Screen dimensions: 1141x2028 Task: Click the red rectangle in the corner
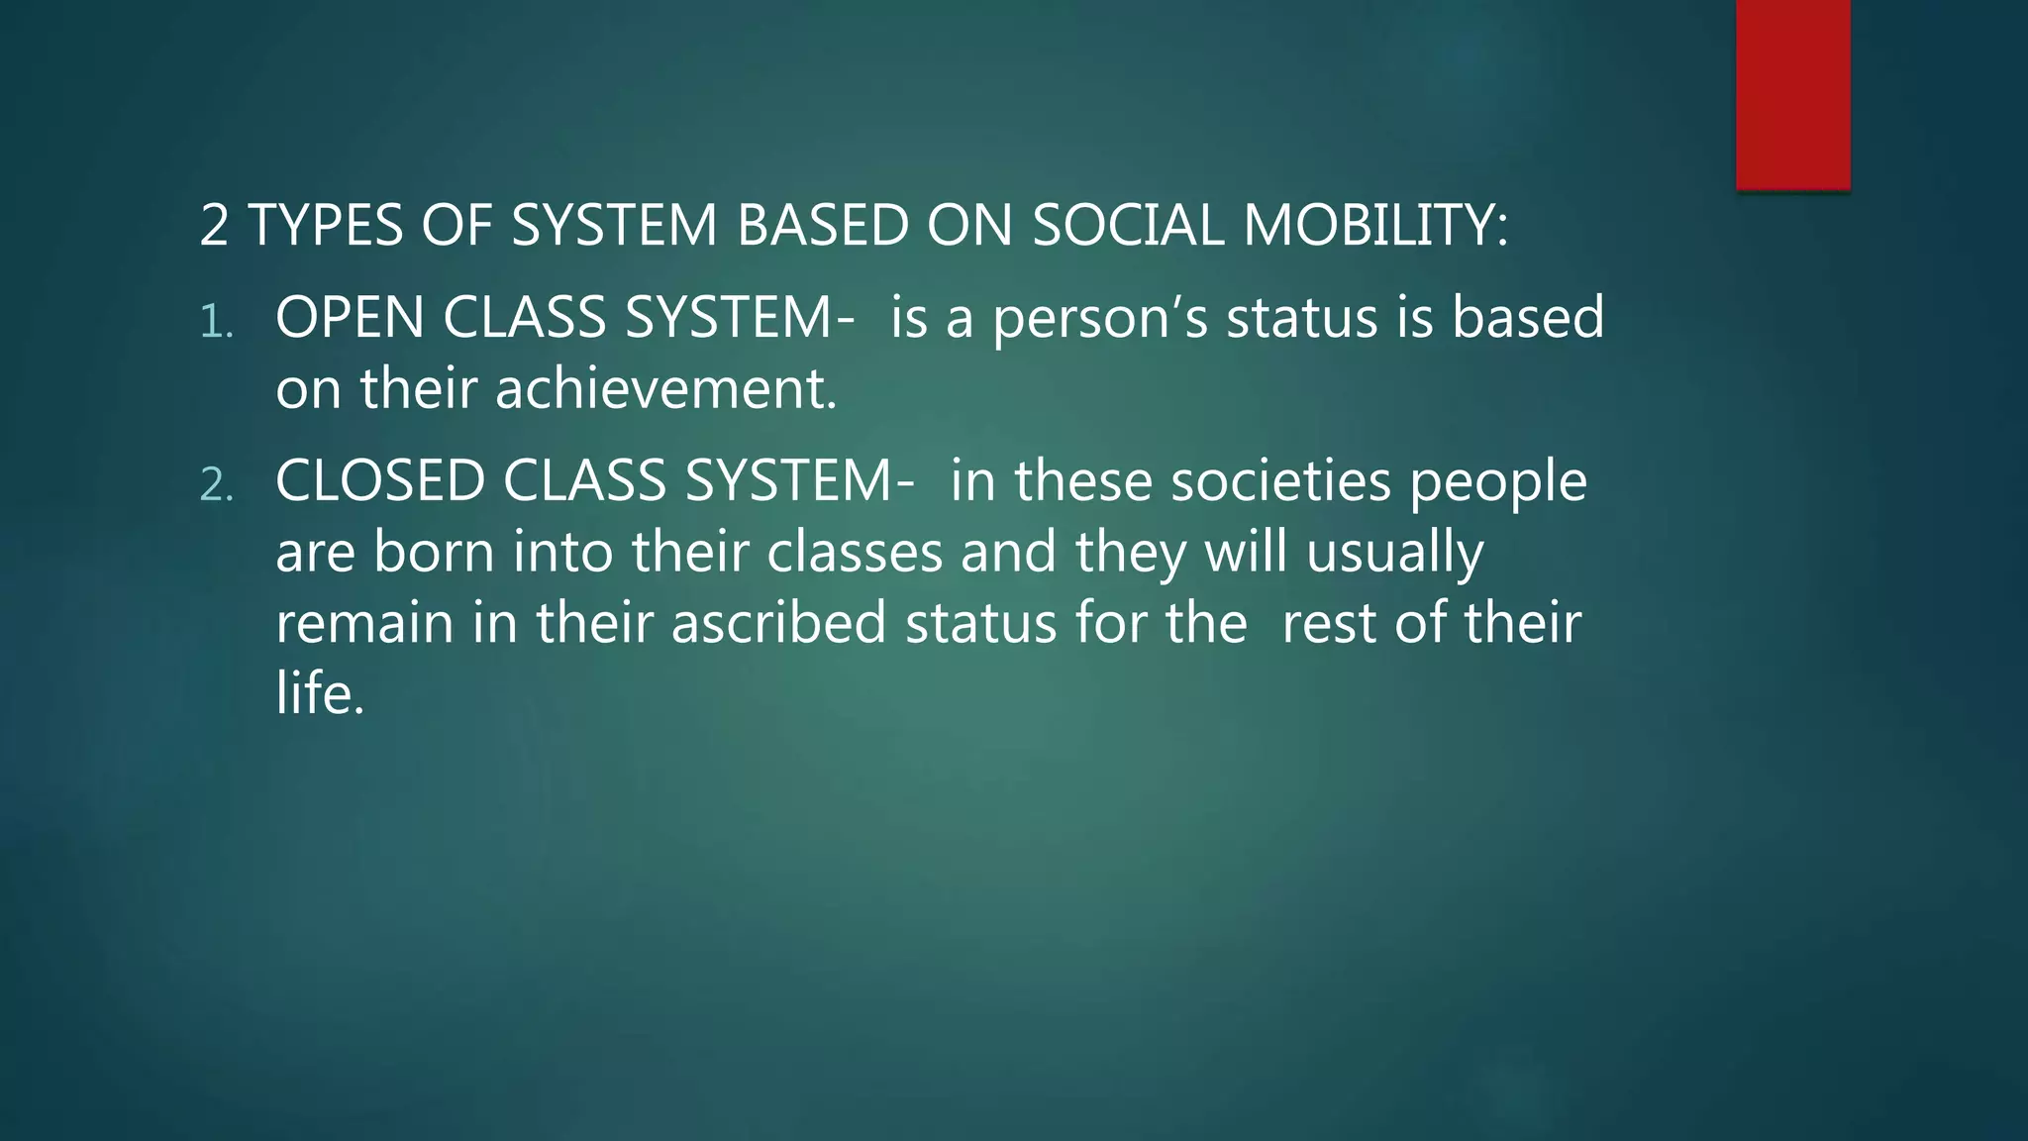point(1792,94)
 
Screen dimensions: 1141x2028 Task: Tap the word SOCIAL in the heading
point(1128,225)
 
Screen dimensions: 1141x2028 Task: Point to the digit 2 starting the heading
point(214,225)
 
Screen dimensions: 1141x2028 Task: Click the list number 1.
point(215,322)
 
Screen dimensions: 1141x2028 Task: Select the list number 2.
point(216,485)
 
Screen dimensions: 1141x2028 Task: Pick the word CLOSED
point(380,481)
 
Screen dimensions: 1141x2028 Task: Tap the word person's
point(1100,320)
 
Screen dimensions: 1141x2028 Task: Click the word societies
point(1280,481)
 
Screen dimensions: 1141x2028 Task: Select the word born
point(434,552)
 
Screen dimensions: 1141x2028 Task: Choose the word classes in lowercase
point(855,552)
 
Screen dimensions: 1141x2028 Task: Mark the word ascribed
point(778,623)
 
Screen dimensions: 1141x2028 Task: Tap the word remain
point(363,623)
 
